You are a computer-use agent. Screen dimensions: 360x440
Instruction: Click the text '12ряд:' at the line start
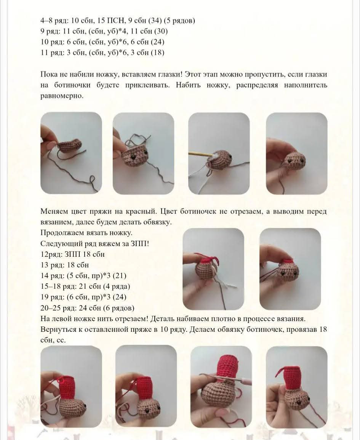click(51, 254)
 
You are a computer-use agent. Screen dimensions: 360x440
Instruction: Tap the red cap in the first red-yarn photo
click(206, 262)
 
